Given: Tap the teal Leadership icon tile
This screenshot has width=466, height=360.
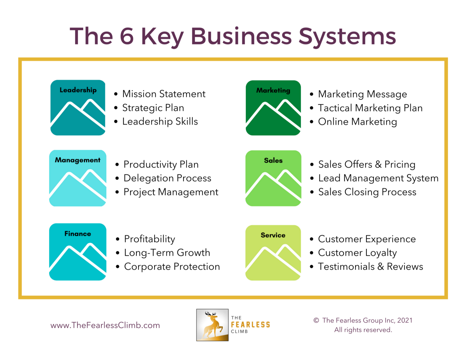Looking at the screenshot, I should pos(78,108).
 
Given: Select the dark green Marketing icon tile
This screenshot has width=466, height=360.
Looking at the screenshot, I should pos(273,108).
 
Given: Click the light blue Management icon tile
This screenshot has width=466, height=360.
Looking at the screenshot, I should pos(78,178).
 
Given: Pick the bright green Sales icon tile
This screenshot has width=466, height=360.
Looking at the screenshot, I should pos(273,178).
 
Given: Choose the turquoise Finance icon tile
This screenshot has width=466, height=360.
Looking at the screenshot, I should pos(78,252).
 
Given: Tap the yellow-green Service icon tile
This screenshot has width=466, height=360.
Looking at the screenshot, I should pos(273,252).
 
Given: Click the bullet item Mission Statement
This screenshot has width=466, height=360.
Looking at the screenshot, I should pos(164,94).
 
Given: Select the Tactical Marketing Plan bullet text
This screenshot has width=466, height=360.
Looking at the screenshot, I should pos(370,108).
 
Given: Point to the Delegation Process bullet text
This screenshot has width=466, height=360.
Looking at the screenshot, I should pos(167,178).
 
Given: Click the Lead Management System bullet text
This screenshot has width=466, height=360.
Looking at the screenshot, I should pos(378,178).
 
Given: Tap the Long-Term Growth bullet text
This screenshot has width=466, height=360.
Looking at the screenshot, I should pos(167,253).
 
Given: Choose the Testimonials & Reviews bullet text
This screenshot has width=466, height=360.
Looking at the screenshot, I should pos(370,266).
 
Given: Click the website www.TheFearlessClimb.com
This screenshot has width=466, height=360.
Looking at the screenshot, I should pos(105,325).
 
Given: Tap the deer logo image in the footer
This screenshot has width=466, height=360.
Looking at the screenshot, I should pos(212,325).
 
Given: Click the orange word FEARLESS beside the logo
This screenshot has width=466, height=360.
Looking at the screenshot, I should pos(250,325).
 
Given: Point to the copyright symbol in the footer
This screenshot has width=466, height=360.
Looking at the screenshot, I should pos(316,320).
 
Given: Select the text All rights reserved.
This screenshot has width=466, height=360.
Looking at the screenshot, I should pos(363,330).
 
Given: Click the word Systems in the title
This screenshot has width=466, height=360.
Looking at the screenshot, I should pos(347,36).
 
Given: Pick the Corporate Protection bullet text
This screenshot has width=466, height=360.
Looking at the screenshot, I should pos(172,267).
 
